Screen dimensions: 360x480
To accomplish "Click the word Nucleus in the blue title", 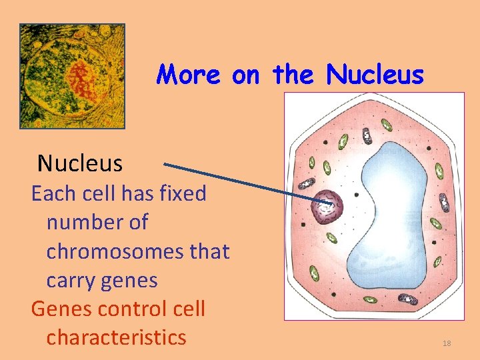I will pyautogui.click(x=375, y=75).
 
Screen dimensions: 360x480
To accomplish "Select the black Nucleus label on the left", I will pyautogui.click(x=80, y=163).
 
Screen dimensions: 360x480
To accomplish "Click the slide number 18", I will pyautogui.click(x=447, y=343).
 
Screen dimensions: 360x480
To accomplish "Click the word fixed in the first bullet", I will pyautogui.click(x=185, y=194).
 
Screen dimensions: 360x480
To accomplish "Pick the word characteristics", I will pyautogui.click(x=116, y=337).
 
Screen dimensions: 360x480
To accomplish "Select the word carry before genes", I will pyautogui.click(x=72, y=280).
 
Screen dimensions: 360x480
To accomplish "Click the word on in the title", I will pyautogui.click(x=246, y=75).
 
